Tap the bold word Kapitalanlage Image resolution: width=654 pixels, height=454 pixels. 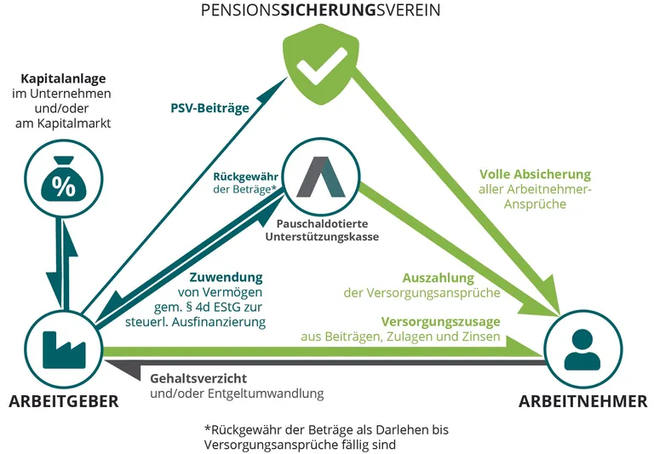click(x=62, y=77)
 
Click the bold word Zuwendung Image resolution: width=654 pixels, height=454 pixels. click(x=225, y=278)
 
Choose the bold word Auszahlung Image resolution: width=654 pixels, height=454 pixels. click(x=438, y=278)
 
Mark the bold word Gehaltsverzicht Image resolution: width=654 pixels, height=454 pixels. click(x=199, y=377)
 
